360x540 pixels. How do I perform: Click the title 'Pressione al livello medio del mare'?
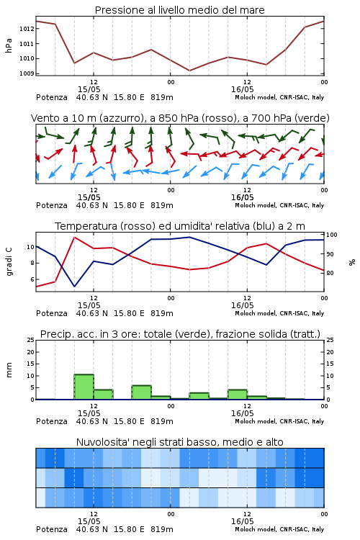(x=179, y=10)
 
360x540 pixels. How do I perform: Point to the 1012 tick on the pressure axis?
(x=27, y=29)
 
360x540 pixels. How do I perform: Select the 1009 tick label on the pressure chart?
(x=27, y=73)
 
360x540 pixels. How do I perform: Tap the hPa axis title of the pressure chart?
(x=9, y=45)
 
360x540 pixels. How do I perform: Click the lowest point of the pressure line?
(x=189, y=71)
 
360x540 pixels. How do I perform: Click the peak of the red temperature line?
(x=74, y=237)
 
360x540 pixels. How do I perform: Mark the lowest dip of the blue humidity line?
(x=74, y=286)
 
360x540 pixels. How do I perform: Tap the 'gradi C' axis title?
(x=9, y=261)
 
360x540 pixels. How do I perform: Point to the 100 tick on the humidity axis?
(x=332, y=235)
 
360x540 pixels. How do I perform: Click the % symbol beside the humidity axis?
(x=352, y=262)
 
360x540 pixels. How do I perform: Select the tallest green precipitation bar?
(x=84, y=387)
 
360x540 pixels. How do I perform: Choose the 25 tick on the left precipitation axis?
(x=31, y=340)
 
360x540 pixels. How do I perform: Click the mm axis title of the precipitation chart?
(x=9, y=370)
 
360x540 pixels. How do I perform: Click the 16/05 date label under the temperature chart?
(x=242, y=305)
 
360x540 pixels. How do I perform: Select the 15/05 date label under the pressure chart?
(x=89, y=89)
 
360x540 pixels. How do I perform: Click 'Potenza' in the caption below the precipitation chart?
(x=52, y=421)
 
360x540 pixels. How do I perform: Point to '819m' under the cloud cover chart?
(x=161, y=529)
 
